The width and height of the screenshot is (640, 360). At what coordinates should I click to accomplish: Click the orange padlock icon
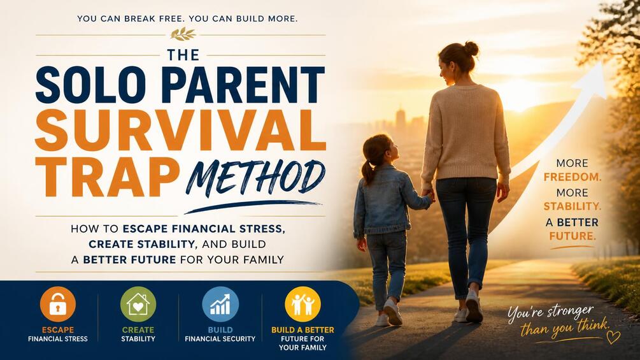click(58, 305)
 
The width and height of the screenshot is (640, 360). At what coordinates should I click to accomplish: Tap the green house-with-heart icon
click(138, 305)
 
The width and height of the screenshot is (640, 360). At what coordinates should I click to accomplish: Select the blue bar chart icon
click(220, 305)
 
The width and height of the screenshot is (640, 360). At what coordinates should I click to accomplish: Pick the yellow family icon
click(302, 305)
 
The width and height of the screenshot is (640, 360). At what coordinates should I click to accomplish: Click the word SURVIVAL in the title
click(180, 130)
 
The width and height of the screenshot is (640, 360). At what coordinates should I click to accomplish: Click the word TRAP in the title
click(108, 177)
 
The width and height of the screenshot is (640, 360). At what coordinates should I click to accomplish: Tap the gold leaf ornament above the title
click(183, 34)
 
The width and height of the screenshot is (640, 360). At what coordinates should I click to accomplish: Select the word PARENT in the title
click(243, 84)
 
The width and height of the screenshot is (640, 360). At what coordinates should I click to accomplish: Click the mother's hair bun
click(471, 48)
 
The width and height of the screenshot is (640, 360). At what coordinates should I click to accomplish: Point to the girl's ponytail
click(367, 171)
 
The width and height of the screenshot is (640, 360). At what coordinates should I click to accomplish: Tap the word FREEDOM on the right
click(572, 177)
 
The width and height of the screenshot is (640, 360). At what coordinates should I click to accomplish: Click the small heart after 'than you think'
click(613, 336)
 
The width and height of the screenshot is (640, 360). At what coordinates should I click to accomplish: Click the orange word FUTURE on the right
click(572, 236)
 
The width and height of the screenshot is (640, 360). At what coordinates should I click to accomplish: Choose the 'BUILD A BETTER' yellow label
click(302, 330)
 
